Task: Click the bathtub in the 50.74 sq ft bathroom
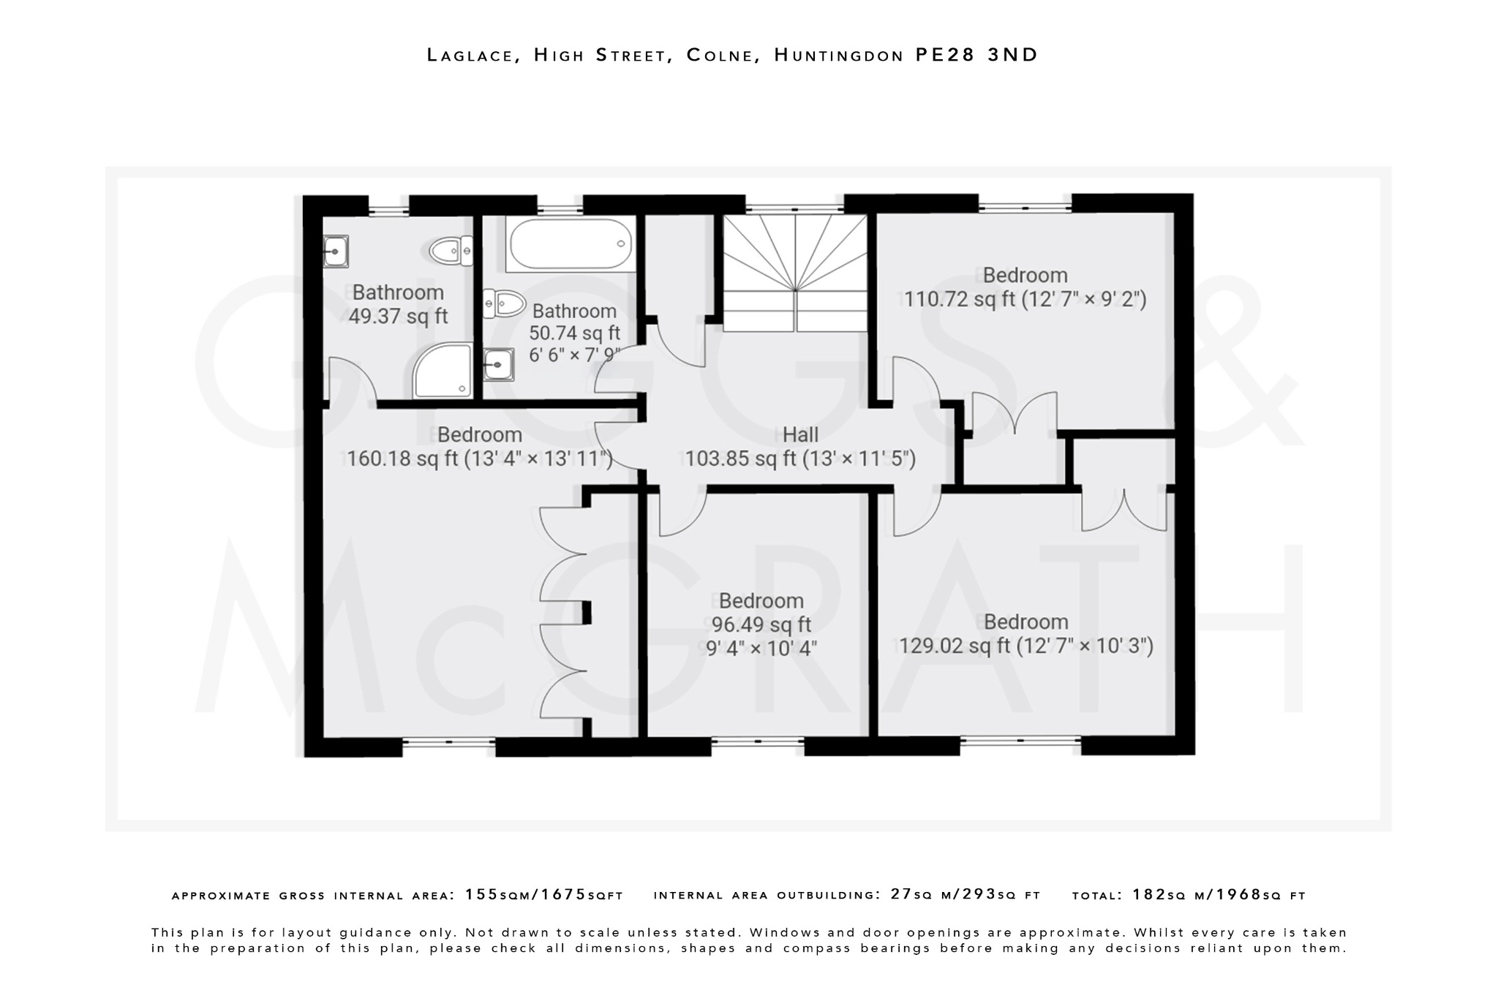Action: [x=570, y=244]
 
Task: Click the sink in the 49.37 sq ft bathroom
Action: [x=336, y=252]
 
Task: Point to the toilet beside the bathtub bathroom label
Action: [x=505, y=303]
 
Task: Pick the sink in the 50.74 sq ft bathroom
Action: [x=499, y=363]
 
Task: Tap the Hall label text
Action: [x=800, y=435]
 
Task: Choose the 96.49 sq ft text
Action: [x=761, y=624]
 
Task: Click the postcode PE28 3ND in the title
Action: [x=976, y=55]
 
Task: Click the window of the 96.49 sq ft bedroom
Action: [x=758, y=741]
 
